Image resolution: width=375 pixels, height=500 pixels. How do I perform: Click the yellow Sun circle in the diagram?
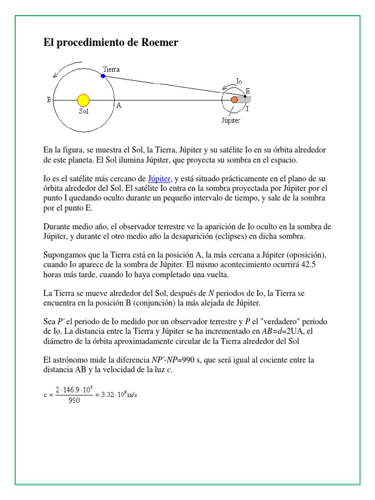[83, 100]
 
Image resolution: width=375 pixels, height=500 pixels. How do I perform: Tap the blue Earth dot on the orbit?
[103, 76]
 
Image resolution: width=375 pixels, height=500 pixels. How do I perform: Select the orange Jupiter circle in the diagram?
[234, 100]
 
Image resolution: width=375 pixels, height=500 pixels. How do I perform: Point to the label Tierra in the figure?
[111, 69]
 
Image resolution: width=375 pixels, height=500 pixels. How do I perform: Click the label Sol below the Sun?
[83, 111]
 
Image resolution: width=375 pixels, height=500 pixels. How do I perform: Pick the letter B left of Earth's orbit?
[49, 100]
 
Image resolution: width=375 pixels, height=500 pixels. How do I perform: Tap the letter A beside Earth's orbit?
[118, 104]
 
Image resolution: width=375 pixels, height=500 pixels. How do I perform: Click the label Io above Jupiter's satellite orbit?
[239, 81]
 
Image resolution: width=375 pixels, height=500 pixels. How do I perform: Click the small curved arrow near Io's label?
[227, 87]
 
